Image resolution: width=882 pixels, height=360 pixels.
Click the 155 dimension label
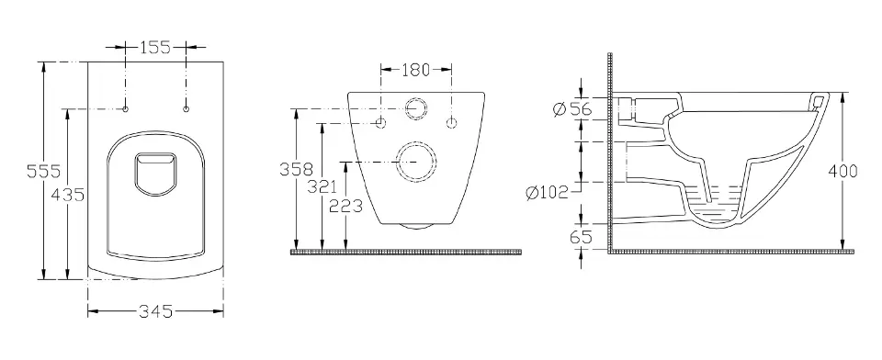[x=155, y=47]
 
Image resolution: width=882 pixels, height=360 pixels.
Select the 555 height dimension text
[x=44, y=171]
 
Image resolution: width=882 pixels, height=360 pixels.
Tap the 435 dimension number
[x=67, y=195]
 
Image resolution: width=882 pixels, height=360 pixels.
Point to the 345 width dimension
[x=156, y=311]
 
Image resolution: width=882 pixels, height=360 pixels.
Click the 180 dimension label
[x=415, y=70]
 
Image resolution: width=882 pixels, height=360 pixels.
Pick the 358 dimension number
[x=296, y=169]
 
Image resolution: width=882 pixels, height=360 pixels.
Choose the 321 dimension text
[x=322, y=186]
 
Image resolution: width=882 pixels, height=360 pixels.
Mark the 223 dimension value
[x=345, y=207]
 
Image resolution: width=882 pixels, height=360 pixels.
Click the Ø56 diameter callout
[x=572, y=108]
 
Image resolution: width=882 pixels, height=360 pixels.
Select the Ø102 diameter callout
[x=548, y=193]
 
